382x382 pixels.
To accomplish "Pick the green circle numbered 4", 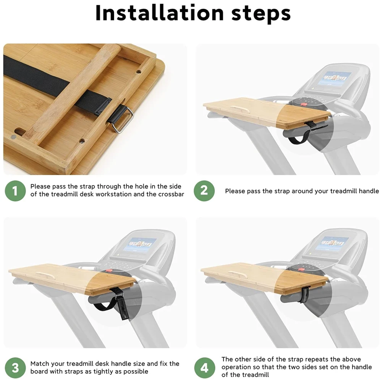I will [204, 368].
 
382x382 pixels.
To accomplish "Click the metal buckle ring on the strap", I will [123, 119].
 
